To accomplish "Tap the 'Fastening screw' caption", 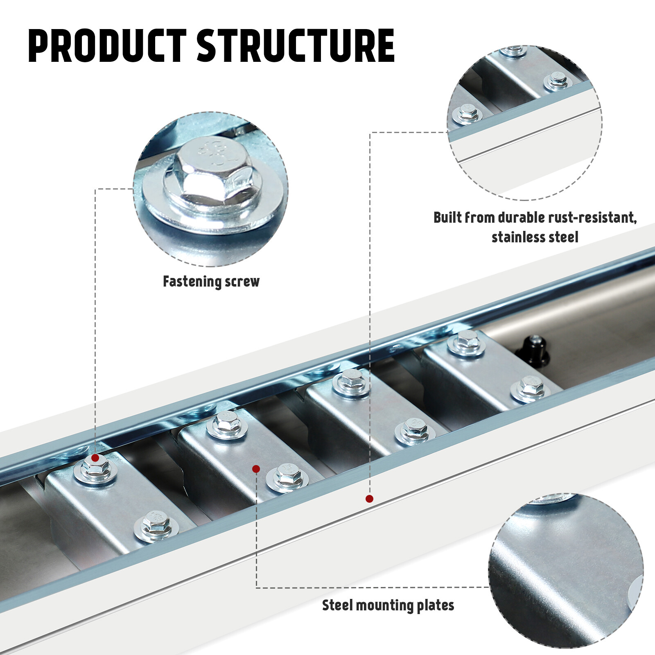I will pyautogui.click(x=211, y=282).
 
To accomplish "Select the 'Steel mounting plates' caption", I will pyautogui.click(x=388, y=605).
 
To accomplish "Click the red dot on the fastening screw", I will pyautogui.click(x=95, y=458).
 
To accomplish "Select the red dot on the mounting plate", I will pyautogui.click(x=256, y=469).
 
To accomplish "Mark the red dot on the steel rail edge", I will pyautogui.click(x=369, y=499).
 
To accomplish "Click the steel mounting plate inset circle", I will pyautogui.click(x=566, y=571).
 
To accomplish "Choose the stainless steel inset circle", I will pyautogui.click(x=524, y=123).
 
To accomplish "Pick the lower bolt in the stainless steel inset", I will pyautogui.click(x=466, y=113).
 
